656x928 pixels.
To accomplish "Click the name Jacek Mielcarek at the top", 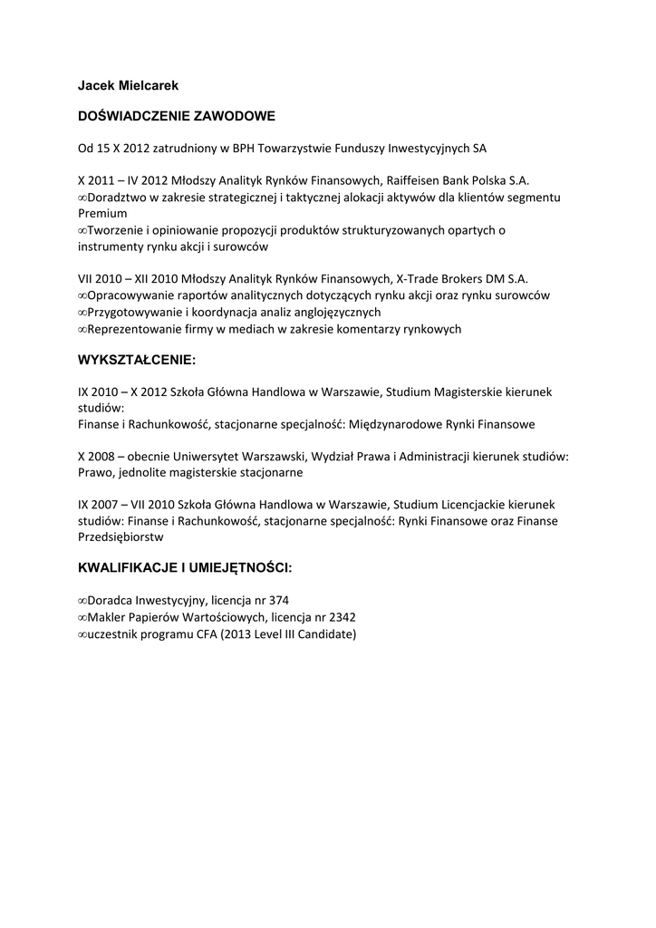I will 128,85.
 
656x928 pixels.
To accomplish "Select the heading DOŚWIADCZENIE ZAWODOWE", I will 177,117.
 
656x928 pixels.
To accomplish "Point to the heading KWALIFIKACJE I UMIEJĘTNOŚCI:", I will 185,568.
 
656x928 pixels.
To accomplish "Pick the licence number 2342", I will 339,617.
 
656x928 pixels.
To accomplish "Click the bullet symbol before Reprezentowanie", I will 82,329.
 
